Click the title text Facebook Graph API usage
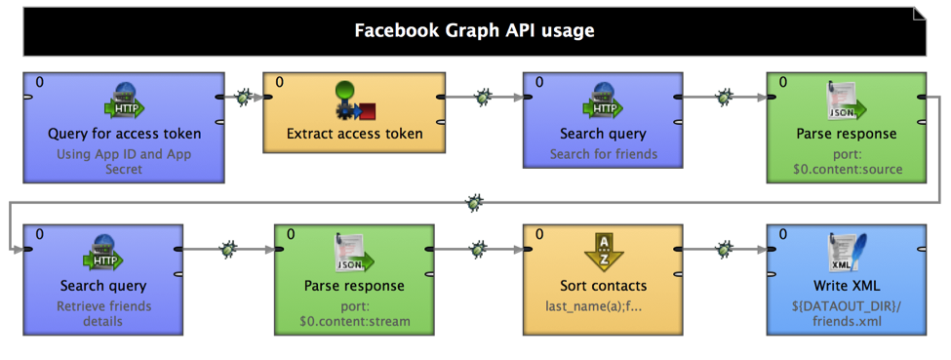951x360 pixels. pyautogui.click(x=474, y=30)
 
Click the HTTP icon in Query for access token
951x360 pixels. pyautogui.click(x=124, y=100)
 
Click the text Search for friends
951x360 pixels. pyautogui.click(x=603, y=153)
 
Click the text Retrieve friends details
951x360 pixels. pyautogui.click(x=103, y=313)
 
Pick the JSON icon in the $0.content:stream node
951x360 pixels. pyautogui.click(x=354, y=254)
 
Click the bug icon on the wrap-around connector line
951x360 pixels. pyautogui.click(x=474, y=203)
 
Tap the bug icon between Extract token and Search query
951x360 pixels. pyautogui.click(x=483, y=97)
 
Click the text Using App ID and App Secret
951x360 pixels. pyautogui.click(x=124, y=161)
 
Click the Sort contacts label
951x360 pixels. pyautogui.click(x=603, y=286)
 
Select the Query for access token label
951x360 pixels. pyautogui.click(x=124, y=134)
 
